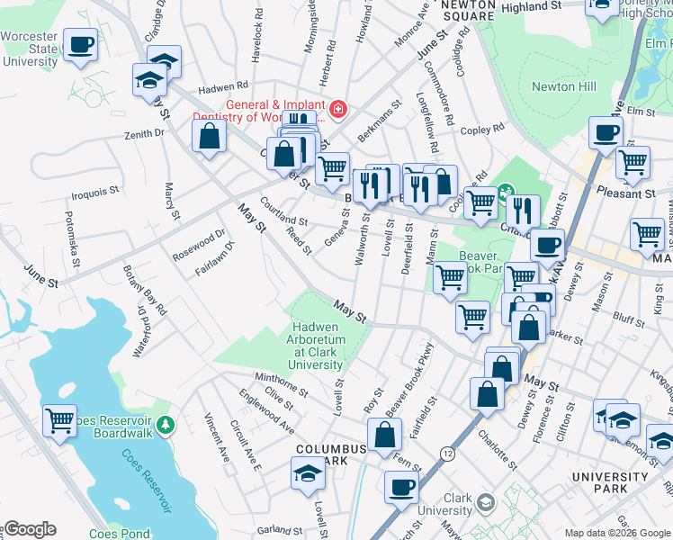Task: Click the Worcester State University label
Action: tap(30, 51)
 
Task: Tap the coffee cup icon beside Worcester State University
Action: tap(80, 45)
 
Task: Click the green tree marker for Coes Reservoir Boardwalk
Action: tap(164, 422)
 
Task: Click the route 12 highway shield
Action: tap(448, 454)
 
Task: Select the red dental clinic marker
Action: tap(337, 110)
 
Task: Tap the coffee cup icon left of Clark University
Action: tap(401, 487)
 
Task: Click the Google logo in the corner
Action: tap(29, 529)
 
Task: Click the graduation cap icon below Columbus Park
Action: tap(308, 472)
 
